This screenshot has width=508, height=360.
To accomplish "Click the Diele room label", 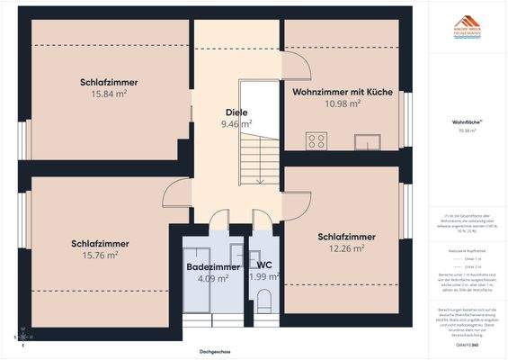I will pos(236,112).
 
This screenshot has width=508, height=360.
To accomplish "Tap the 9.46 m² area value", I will pos(236,124).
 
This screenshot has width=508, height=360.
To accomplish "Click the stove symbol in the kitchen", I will pos(316,140).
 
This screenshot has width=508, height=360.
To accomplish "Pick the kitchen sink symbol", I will pos(368,141).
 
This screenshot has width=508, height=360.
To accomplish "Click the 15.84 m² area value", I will pos(109,94).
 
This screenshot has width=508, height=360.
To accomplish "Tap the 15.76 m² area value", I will pos(100,256).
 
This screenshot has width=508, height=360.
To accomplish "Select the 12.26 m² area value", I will pos(346,248).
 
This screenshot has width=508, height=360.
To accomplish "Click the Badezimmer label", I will pos(213,267).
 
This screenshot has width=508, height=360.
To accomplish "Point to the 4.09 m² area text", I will pos(213,278).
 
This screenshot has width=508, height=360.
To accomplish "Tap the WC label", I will pos(264,265).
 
